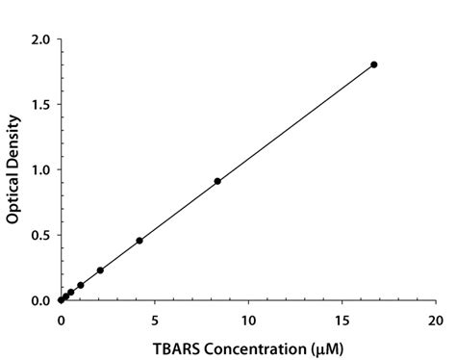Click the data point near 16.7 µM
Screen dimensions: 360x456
374,64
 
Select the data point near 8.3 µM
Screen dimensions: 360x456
217,181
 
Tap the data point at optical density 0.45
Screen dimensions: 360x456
139,241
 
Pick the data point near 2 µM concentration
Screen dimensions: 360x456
100,270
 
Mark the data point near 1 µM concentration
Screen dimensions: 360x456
81,285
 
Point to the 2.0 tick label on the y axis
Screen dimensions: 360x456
41,39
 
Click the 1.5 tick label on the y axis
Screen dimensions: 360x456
41,104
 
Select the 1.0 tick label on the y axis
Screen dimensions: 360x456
41,169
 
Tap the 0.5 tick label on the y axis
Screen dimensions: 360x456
41,235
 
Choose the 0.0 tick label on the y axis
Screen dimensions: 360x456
41,300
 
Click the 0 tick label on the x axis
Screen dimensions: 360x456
61,318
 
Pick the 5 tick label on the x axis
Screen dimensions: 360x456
155,318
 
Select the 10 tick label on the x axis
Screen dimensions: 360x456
248,318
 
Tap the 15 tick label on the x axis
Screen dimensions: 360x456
342,318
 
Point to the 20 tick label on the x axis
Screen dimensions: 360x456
435,318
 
